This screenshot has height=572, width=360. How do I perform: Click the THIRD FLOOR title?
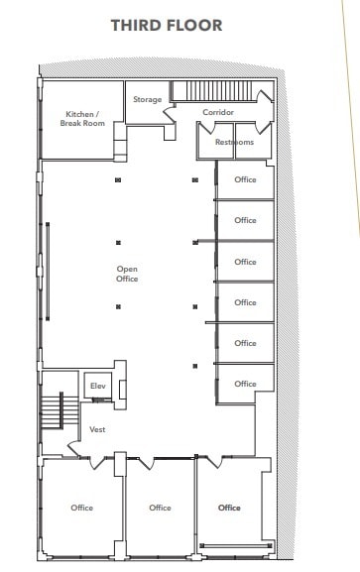coord(180,25)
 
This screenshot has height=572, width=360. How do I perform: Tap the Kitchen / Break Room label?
coord(82,119)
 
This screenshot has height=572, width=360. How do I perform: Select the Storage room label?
coord(148,100)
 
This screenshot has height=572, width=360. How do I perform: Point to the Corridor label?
coord(218,112)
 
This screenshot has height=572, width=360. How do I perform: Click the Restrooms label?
coord(234,143)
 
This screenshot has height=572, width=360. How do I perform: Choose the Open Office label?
coord(127,274)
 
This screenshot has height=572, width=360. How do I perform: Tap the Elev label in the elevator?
coord(98,386)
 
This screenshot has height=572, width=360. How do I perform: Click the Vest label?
coord(98,429)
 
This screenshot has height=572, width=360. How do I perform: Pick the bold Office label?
coord(229,508)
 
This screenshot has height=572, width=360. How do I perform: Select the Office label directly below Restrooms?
coord(245,180)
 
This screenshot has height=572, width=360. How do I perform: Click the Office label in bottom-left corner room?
coord(82,508)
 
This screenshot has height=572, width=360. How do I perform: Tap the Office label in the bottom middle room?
coord(160,508)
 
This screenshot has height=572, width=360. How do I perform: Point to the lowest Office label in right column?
coord(245,384)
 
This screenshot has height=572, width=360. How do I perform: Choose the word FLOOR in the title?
coord(202,25)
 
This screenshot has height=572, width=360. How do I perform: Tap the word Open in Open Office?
coord(127,269)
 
